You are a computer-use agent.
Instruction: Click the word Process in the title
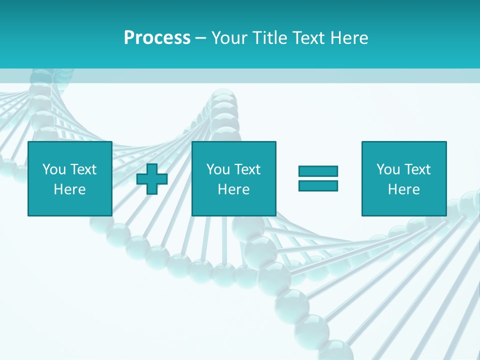(x=157, y=38)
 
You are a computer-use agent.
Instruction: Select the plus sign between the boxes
(x=152, y=179)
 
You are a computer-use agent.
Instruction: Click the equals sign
(x=318, y=178)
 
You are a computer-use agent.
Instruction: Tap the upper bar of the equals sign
(x=318, y=171)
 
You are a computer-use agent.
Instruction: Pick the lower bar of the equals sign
(x=318, y=185)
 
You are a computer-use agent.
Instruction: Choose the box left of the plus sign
(x=69, y=178)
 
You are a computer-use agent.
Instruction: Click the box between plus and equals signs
(x=233, y=178)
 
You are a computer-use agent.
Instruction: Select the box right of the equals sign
(x=403, y=178)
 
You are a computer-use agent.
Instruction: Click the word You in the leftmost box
(x=53, y=169)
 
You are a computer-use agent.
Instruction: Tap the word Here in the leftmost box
(x=69, y=189)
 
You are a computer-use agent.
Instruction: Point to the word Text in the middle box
(x=247, y=169)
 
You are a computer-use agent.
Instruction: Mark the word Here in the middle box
(x=233, y=189)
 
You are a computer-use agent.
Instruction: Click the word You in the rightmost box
(x=387, y=169)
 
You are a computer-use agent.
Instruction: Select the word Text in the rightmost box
(x=417, y=169)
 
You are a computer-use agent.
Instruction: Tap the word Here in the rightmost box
(x=403, y=189)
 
